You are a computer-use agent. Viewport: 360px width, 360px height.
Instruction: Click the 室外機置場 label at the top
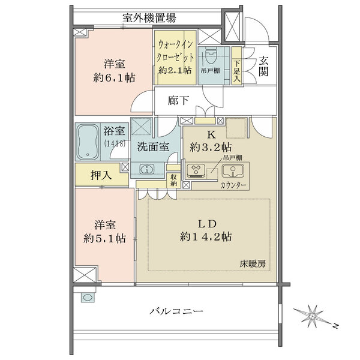pos(149,18)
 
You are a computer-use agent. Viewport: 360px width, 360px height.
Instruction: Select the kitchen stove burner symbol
pos(195,171)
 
